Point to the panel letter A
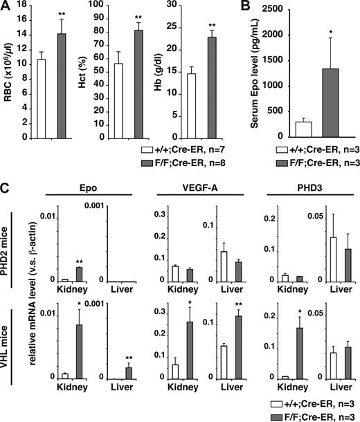[x=6, y=8]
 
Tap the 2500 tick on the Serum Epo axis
[x=267, y=9]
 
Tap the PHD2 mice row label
[x=10, y=243]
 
